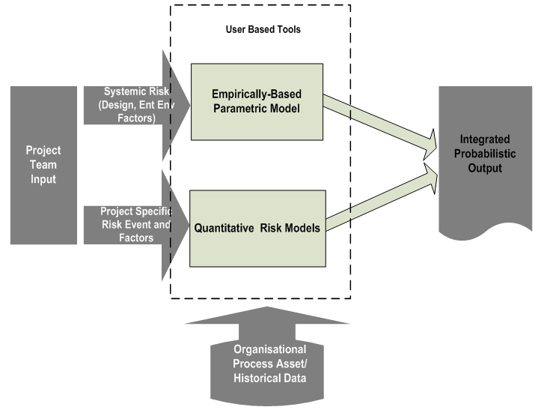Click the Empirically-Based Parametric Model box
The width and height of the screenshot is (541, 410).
coord(257,101)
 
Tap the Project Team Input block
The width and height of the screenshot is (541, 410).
coord(43,164)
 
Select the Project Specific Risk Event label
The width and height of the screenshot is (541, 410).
coord(135,224)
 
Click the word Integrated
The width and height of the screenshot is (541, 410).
coord(485,139)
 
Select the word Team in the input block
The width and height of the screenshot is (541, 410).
coord(43,164)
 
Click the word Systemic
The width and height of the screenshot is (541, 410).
coord(124,91)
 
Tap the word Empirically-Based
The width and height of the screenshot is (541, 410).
coord(257,94)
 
